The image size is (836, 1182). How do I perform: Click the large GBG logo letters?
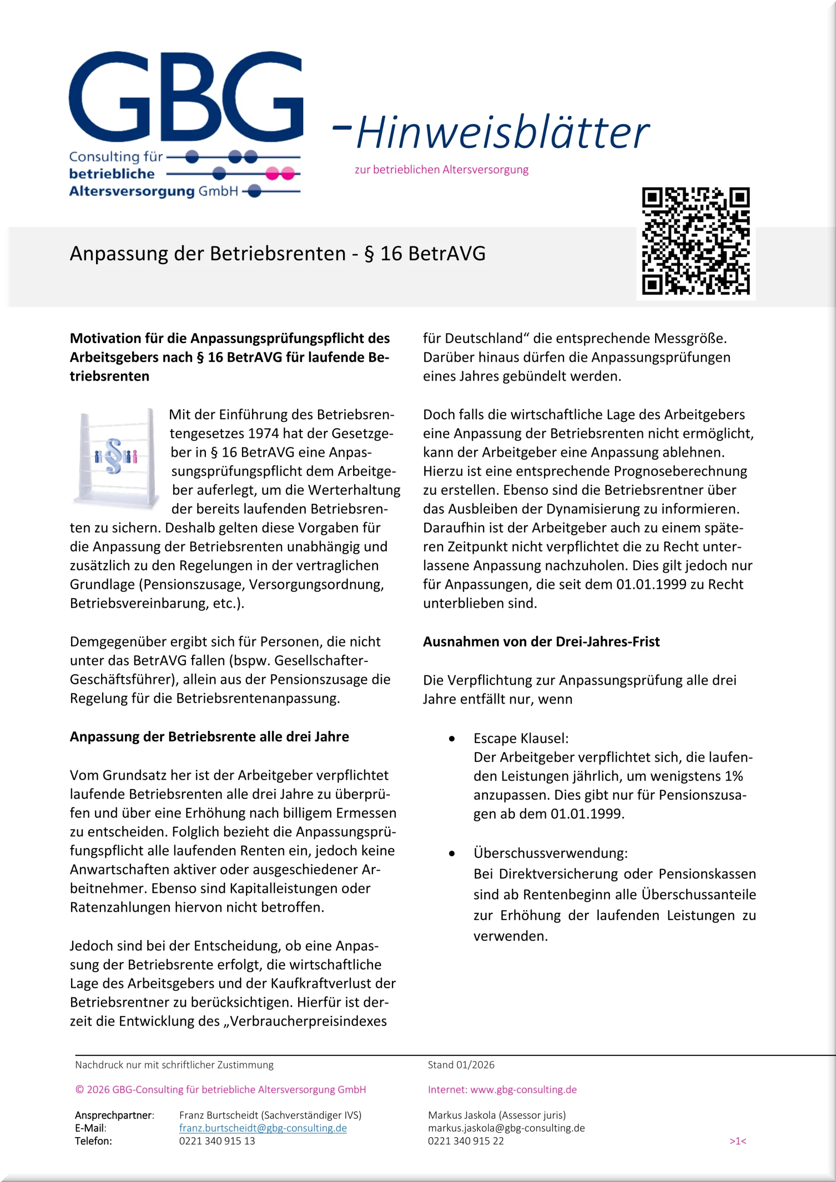tap(185, 97)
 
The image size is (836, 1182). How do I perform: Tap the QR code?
tap(696, 241)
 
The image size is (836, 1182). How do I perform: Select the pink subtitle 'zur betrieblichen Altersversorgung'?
tap(441, 169)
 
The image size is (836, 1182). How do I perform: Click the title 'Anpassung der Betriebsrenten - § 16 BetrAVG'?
tap(277, 254)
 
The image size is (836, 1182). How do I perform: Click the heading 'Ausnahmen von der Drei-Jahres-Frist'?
tap(541, 641)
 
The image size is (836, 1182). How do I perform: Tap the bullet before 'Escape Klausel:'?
tap(451, 739)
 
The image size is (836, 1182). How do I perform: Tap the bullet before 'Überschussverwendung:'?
tap(451, 854)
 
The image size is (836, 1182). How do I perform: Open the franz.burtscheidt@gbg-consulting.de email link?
tap(263, 1128)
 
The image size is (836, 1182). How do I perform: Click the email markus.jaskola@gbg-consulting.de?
tap(506, 1128)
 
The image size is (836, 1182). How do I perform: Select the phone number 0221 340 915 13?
tap(217, 1141)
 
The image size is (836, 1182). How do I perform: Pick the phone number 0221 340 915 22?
tap(465, 1141)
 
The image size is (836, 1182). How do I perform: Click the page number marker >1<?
tap(737, 1141)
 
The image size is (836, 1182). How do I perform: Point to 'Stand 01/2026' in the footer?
tap(461, 1065)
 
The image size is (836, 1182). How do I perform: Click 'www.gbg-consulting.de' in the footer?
tap(523, 1089)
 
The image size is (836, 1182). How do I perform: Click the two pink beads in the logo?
tap(280, 174)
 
